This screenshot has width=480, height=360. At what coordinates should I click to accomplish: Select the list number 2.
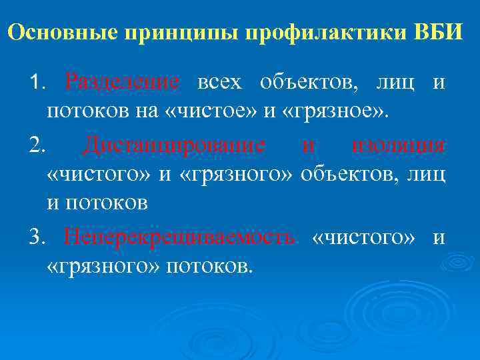[35, 145]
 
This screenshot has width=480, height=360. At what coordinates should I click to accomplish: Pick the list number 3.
[35, 238]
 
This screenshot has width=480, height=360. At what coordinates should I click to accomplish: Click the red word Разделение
[123, 83]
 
